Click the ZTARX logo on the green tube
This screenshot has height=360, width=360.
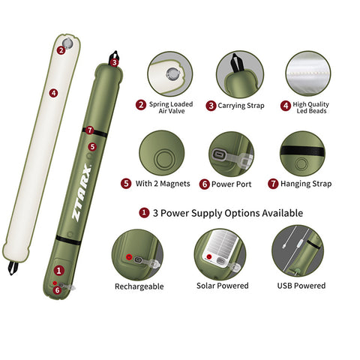pos(82,192)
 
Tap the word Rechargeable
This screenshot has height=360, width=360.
pos(139,286)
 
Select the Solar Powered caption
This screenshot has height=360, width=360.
pos(223,286)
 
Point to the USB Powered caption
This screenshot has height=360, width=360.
pos(301,286)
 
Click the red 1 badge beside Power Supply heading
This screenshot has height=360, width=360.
pos(144,213)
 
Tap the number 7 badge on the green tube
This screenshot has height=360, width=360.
pos(89,130)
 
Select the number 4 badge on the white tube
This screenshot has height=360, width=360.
pos(53,93)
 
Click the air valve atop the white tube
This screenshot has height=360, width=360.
pos(67,43)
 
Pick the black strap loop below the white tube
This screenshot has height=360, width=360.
pos(13,268)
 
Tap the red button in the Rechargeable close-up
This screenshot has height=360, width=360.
pos(129,256)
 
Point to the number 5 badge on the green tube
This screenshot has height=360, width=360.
pos(92,146)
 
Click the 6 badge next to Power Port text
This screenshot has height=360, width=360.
pos(204,184)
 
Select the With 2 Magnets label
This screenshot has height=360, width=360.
pos(163,184)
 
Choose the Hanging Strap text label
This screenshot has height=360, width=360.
pos(306,184)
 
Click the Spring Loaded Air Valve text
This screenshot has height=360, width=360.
pos(171,107)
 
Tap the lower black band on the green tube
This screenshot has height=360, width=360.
pos(68,239)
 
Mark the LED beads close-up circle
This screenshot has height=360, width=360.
pos(308,73)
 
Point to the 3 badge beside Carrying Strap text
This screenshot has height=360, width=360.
pos(211,106)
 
